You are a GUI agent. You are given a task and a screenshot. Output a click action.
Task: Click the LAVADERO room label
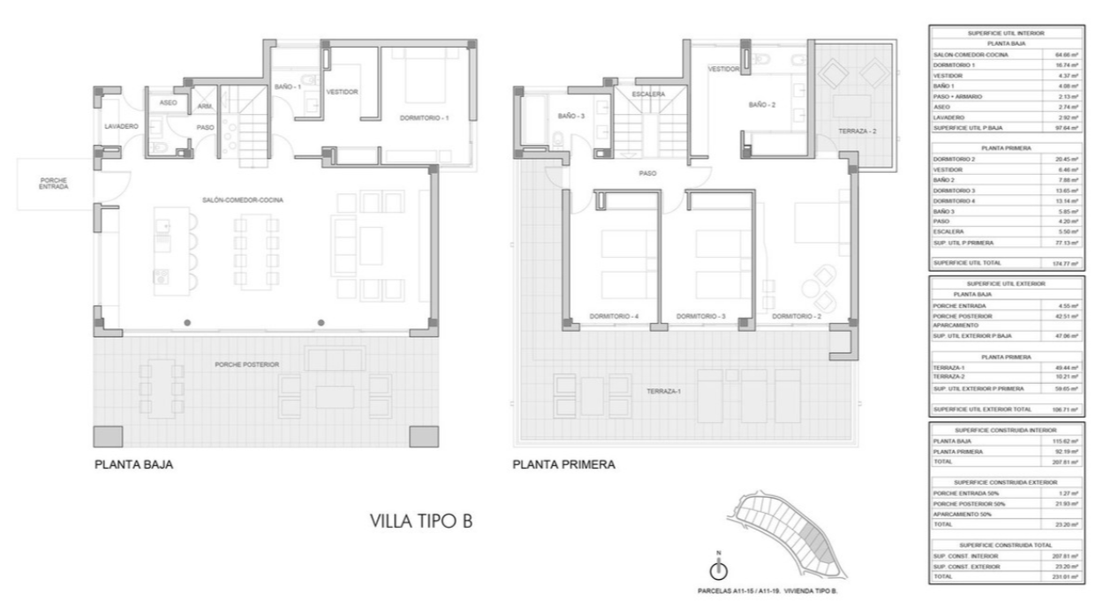click(122, 127)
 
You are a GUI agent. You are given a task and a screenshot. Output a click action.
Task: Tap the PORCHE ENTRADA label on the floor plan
click(54, 184)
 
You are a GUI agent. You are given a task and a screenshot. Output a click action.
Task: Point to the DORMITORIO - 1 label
click(425, 117)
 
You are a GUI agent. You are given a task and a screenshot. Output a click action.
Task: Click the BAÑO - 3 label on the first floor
click(571, 117)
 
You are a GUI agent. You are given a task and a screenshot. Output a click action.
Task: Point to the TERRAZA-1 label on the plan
click(664, 391)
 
